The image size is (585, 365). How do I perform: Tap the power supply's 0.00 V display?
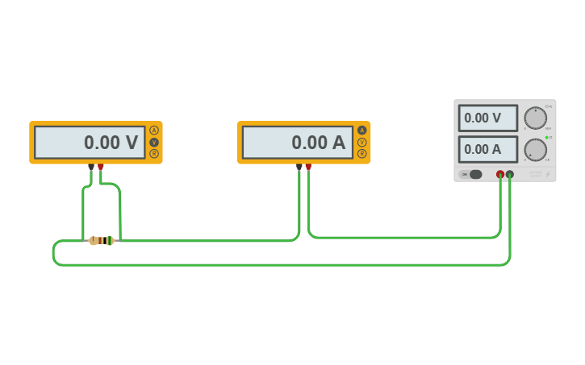[x=488, y=118]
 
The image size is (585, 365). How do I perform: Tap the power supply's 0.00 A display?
[x=488, y=149]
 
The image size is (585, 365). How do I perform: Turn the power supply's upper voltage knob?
[x=535, y=118]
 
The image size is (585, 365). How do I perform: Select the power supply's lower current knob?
[x=535, y=149]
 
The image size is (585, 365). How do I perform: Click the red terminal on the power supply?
[x=500, y=174]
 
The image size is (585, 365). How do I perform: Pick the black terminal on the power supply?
[x=510, y=174]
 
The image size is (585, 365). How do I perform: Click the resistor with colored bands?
[x=102, y=240]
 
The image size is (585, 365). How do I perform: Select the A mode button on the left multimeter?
[x=154, y=131]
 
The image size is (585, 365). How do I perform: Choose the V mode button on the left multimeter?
[x=154, y=142]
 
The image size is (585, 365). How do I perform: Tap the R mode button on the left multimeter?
[x=154, y=153]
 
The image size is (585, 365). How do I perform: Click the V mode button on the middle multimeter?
[x=361, y=142]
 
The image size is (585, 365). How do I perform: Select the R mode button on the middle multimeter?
[x=361, y=153]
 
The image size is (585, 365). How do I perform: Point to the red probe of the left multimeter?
[x=101, y=168]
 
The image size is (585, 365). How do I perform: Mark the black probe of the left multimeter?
[x=91, y=168]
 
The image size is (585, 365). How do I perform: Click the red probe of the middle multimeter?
[x=308, y=168]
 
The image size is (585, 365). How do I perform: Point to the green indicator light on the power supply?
[x=546, y=138]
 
